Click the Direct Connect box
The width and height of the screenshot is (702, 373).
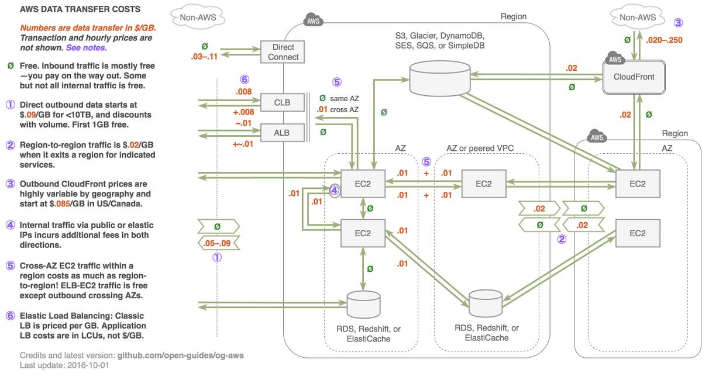[284, 52]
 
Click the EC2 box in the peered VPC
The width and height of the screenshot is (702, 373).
[483, 184]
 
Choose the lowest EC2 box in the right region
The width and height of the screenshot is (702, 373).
[638, 233]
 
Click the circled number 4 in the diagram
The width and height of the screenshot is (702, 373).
[334, 189]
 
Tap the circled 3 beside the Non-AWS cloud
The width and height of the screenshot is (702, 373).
[677, 23]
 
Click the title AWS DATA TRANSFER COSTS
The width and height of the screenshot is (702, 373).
[80, 10]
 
